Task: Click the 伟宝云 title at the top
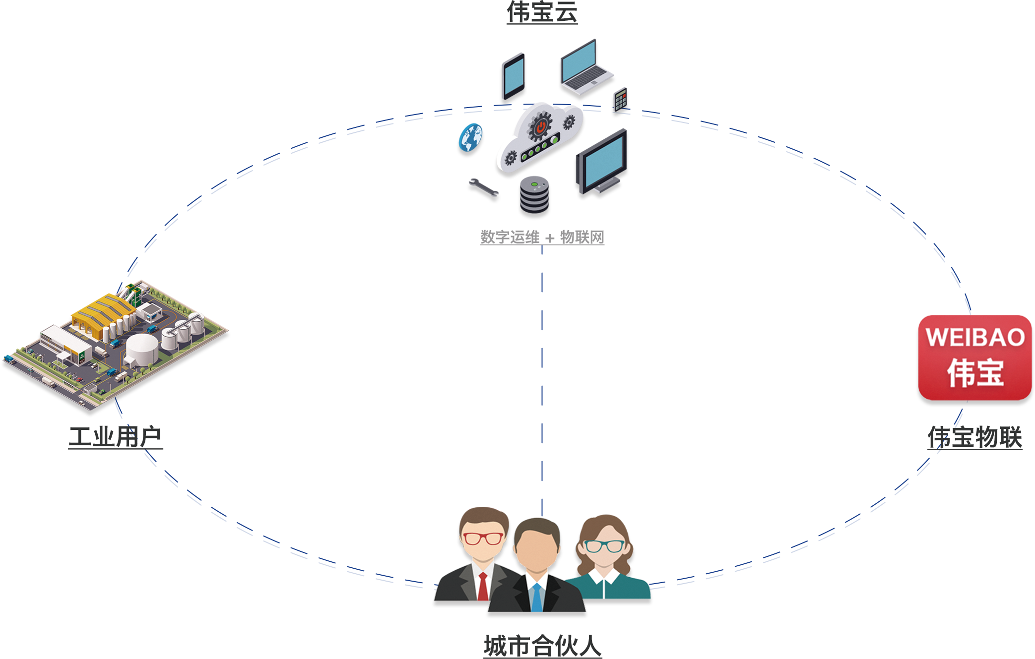[542, 12]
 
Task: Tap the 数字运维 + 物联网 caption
[542, 238]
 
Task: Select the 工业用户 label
[116, 437]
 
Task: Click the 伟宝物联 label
[975, 437]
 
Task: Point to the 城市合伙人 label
[543, 646]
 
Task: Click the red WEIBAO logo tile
[975, 358]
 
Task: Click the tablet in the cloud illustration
[514, 77]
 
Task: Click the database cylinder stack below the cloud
[534, 197]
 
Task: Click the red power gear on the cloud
[540, 126]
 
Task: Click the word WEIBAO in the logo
[975, 338]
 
